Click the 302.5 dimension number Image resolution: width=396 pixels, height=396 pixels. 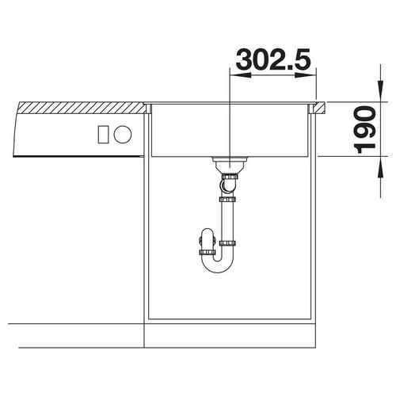click(273, 59)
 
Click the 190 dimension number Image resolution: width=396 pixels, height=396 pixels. click(366, 130)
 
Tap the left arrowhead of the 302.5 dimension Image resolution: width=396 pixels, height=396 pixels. click(241, 75)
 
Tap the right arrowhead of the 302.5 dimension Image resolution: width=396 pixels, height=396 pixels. click(307, 75)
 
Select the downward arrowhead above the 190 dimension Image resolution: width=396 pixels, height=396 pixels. click(380, 92)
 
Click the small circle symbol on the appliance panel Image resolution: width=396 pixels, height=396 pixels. click(123, 135)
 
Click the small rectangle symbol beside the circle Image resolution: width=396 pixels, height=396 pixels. click(103, 135)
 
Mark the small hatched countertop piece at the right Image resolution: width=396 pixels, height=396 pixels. click(320, 108)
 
